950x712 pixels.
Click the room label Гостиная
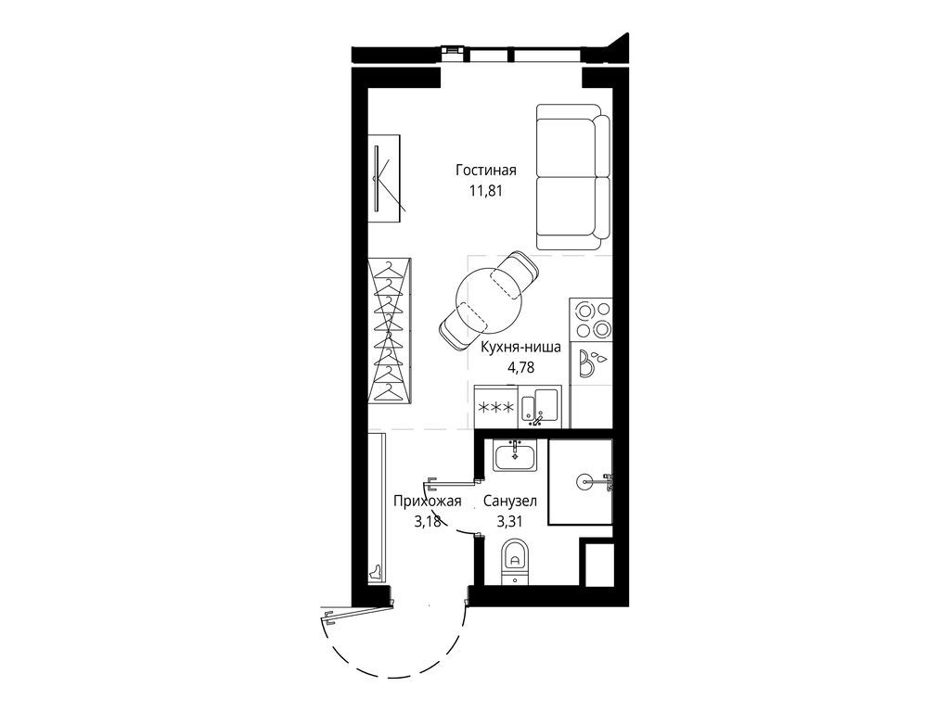(486, 171)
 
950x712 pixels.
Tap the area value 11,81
(486, 191)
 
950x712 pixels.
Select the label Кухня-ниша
(520, 348)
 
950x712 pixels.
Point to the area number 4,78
(520, 367)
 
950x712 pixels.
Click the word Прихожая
(427, 502)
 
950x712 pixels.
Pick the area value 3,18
(427, 521)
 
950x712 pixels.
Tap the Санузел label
(510, 502)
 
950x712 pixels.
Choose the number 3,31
(509, 521)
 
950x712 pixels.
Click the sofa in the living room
(573, 176)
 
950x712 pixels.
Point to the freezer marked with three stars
(496, 407)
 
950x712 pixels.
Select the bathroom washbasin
(514, 455)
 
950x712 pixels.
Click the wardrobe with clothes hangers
(391, 332)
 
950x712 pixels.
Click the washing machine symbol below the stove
(591, 362)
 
